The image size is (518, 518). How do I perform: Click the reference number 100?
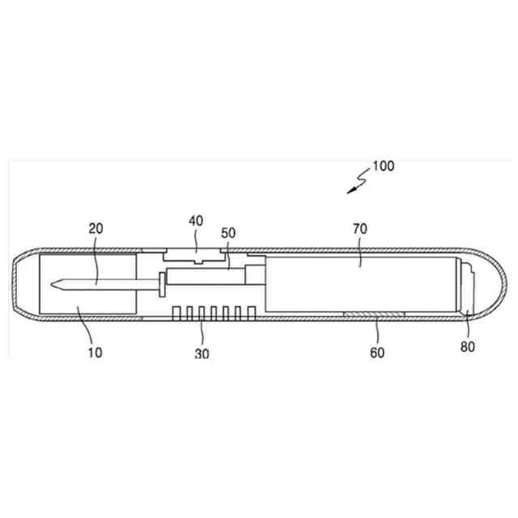(383, 166)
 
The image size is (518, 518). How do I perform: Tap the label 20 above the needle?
(96, 228)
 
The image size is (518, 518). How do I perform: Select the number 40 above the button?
(196, 221)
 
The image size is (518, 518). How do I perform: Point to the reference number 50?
(228, 233)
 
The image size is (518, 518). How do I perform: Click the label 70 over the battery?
(360, 228)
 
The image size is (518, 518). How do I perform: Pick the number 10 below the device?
(95, 353)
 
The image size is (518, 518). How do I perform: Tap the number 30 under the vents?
(202, 354)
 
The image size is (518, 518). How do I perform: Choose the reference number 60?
(377, 353)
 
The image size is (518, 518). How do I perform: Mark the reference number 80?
(468, 346)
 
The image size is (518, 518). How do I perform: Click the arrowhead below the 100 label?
(351, 191)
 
